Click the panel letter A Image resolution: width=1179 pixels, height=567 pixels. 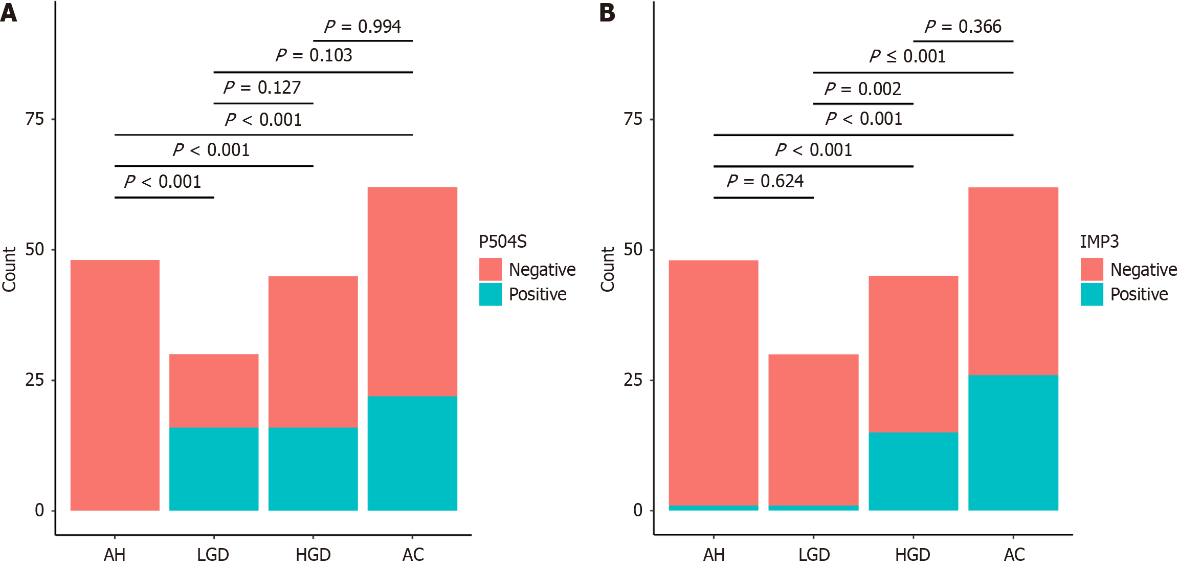9,13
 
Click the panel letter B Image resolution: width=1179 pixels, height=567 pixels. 607,13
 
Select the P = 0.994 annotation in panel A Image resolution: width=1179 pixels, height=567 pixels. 363,27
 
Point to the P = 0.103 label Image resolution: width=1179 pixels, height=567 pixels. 314,55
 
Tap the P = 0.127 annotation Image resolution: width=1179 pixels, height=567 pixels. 262,88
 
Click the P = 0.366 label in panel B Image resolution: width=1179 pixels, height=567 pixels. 963,27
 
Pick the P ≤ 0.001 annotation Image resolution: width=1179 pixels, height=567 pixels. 907,56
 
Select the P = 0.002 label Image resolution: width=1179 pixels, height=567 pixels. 862,89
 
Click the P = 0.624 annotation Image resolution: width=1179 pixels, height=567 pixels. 765,181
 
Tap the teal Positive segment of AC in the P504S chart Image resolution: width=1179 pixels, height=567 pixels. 412,453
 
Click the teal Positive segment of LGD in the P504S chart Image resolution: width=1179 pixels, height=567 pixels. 214,469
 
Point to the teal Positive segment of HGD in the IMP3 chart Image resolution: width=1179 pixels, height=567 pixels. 913,471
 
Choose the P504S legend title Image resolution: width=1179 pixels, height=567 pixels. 502,242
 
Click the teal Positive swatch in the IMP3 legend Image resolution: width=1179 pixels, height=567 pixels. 1092,295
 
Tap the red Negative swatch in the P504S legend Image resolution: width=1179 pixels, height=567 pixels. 490,270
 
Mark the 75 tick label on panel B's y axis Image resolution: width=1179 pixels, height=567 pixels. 633,119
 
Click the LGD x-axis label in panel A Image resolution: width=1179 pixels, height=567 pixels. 213,555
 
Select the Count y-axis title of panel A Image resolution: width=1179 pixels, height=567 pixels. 9,270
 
